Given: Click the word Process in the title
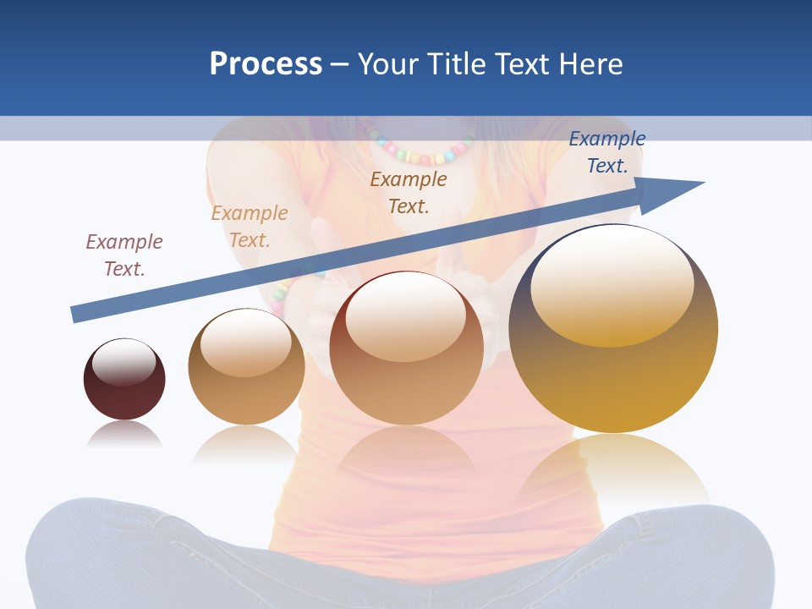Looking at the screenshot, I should (266, 64).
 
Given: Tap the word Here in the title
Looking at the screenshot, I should (591, 64).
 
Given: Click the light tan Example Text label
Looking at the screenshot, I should (250, 227).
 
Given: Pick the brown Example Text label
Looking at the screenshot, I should (409, 192).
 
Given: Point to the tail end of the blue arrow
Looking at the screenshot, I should (76, 314).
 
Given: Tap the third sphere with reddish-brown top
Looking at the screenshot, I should (406, 389).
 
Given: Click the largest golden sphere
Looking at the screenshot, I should (613, 381).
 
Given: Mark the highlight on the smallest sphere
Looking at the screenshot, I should (124, 361).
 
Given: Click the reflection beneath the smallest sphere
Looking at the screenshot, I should (124, 435).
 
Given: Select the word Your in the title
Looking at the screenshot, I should (388, 64).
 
